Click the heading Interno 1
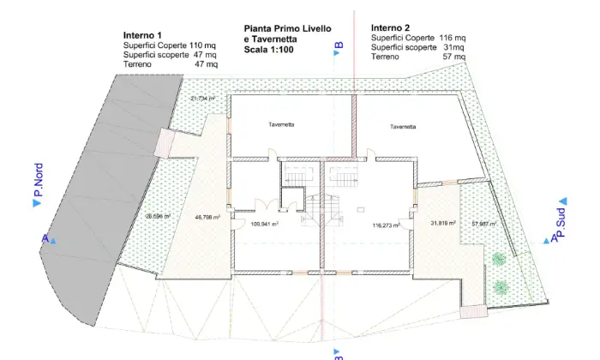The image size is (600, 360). pyautogui.click(x=142, y=35)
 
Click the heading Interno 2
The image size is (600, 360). pyautogui.click(x=390, y=28)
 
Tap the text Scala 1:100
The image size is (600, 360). pyautogui.click(x=268, y=50)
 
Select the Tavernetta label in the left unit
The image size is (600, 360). pyautogui.click(x=281, y=125)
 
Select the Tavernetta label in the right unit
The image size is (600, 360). pyautogui.click(x=403, y=127)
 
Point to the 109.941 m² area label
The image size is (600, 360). pyautogui.click(x=264, y=225)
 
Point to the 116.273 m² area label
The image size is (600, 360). pyautogui.click(x=387, y=225)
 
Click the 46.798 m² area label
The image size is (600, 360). pyautogui.click(x=207, y=218)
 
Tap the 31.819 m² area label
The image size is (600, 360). pyautogui.click(x=443, y=223)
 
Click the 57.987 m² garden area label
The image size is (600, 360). pyautogui.click(x=484, y=224)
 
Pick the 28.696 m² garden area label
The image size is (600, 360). pyautogui.click(x=158, y=216)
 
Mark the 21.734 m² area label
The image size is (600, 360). pyautogui.click(x=203, y=99)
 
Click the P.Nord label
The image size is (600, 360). pyautogui.click(x=39, y=180)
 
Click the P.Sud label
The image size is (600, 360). pyautogui.click(x=561, y=223)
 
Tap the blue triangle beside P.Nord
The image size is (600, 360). pyautogui.click(x=37, y=203)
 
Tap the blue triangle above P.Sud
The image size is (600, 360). pyautogui.click(x=563, y=201)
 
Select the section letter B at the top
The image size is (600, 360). pyautogui.click(x=339, y=45)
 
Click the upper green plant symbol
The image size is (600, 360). pyautogui.click(x=499, y=260)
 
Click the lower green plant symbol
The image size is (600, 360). pyautogui.click(x=501, y=286)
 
